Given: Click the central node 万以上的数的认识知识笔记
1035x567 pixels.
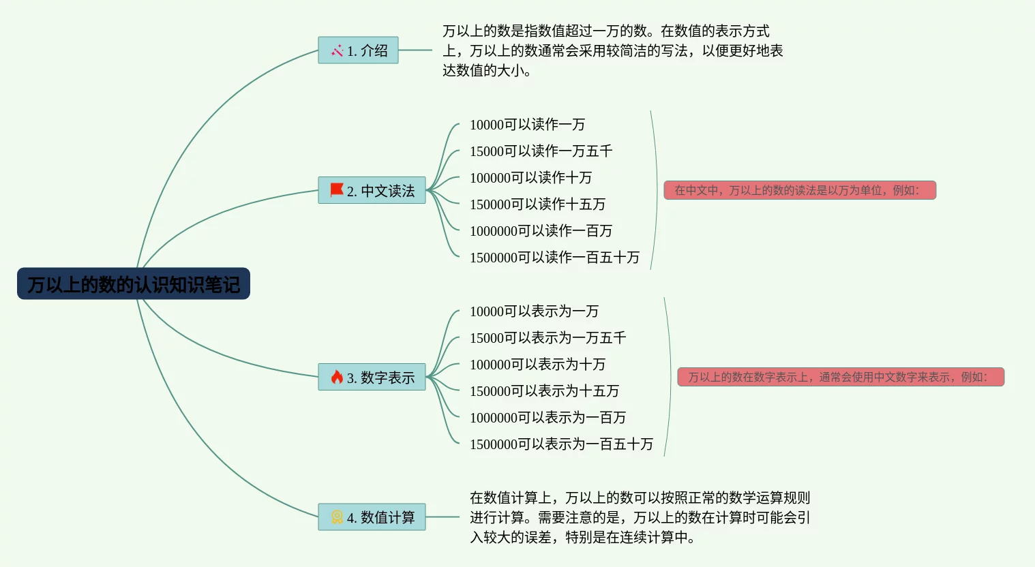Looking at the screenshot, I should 134,283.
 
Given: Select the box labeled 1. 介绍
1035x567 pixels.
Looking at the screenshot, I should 358,50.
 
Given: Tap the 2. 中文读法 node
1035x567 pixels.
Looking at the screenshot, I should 372,190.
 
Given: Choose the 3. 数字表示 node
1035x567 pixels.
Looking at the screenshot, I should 372,377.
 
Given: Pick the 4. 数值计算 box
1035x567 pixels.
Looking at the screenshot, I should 372,517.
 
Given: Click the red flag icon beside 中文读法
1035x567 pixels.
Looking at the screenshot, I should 337,189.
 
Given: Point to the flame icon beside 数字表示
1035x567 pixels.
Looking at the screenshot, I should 337,377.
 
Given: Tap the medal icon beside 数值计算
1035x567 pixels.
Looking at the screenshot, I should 337,517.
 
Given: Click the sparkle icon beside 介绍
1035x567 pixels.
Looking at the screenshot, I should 337,50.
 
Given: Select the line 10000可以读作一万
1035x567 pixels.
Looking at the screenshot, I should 527,124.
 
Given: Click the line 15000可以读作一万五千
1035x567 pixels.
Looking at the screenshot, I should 541,151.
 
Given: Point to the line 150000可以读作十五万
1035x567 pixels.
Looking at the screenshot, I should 537,204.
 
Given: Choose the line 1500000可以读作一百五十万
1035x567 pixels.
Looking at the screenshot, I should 554,257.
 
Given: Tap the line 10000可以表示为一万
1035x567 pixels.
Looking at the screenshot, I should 534,311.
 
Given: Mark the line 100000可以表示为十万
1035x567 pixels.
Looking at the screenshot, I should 537,364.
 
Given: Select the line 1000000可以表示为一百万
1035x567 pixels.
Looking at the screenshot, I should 547,417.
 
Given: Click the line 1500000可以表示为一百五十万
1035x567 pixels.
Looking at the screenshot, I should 561,444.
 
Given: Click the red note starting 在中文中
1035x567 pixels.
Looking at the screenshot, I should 800,190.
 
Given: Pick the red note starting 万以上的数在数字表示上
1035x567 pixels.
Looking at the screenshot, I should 841,377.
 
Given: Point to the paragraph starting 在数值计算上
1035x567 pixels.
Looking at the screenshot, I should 640,517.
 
